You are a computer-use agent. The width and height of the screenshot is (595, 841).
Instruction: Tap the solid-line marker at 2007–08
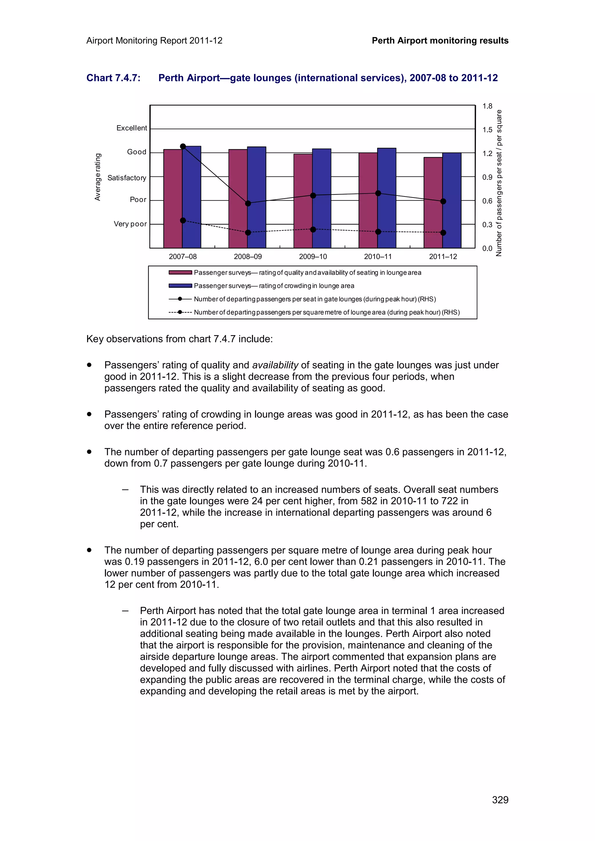pos(183,146)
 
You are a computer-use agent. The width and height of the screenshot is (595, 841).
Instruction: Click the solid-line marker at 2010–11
pos(378,193)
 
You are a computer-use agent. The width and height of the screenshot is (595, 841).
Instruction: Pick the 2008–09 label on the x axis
pos(248,257)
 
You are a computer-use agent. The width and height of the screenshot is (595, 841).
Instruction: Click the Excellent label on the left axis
pos(132,128)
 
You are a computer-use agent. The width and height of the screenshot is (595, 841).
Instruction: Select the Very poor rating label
pos(130,224)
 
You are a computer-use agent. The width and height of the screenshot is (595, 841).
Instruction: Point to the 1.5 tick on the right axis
pos(487,130)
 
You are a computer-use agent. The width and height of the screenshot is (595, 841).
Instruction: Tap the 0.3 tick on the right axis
pos(487,225)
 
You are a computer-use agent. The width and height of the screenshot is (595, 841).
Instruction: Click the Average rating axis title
pos(98,177)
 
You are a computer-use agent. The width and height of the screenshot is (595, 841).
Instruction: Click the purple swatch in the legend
pos(180,272)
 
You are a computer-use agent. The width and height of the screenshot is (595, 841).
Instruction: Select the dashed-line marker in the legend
pos(180,312)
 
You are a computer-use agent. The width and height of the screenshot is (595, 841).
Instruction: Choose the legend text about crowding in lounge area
pos(274,286)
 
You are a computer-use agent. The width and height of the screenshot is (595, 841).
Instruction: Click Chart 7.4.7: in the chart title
pos(113,78)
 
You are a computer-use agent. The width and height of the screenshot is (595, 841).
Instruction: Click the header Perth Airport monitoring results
pos(440,41)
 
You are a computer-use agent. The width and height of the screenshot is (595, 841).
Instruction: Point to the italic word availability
pos(275,365)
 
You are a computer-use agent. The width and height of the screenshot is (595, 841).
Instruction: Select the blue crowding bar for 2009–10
pos(322,198)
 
